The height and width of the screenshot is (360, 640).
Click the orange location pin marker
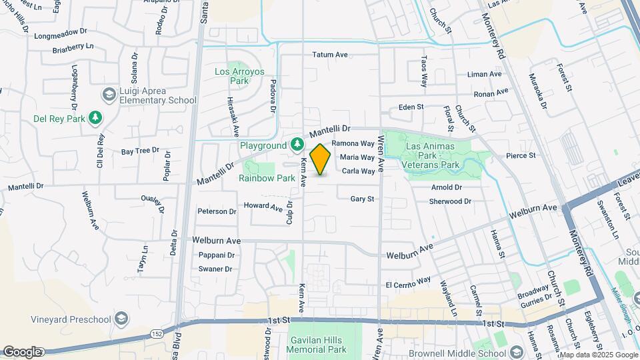click(x=321, y=159)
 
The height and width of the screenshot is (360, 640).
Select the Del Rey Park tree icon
click(x=96, y=117)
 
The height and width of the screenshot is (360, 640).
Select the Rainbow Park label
click(x=267, y=178)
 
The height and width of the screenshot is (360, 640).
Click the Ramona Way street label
click(x=353, y=143)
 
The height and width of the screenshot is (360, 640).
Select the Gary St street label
click(x=362, y=199)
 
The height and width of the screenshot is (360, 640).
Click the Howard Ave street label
click(x=263, y=206)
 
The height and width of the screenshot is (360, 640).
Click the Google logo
click(x=22, y=352)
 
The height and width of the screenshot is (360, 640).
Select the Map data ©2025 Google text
click(x=598, y=355)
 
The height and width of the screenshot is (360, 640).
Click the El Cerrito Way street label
click(x=408, y=285)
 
